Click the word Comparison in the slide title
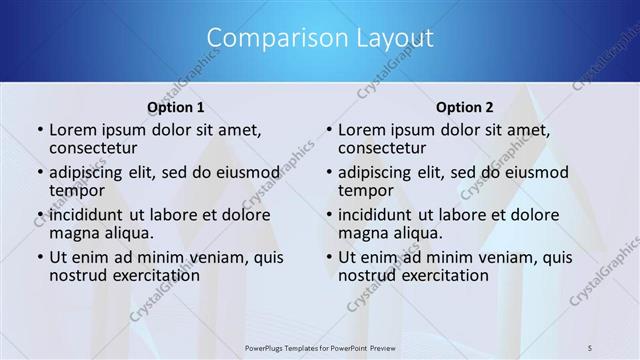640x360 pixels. click(269, 38)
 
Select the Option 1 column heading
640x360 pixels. click(176, 107)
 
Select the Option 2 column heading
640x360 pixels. click(465, 107)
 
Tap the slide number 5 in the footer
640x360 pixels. click(590, 347)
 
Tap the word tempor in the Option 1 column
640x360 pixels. click(78, 191)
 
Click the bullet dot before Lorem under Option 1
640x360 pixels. click(39, 131)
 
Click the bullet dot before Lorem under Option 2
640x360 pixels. click(328, 131)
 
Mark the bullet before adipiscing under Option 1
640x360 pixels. click(39, 173)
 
